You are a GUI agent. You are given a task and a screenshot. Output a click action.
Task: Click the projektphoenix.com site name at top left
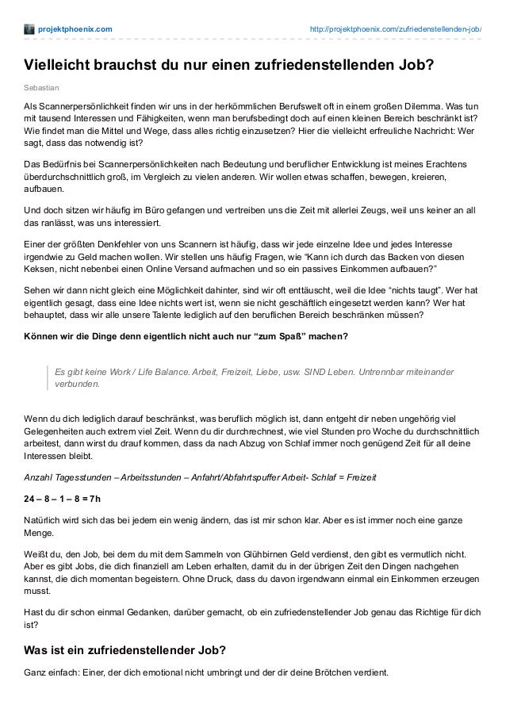[75, 30]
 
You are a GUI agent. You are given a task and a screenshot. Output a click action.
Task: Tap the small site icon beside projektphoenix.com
[29, 30]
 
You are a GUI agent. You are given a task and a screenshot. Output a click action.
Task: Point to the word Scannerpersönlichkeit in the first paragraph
[81, 105]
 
